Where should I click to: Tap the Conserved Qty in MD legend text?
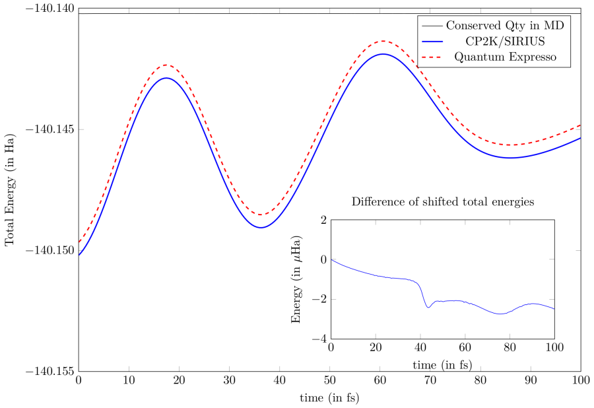[506, 26]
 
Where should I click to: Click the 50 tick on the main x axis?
[330, 381]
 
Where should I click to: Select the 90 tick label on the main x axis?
[531, 381]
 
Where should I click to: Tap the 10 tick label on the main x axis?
[129, 381]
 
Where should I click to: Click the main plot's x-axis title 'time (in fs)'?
[330, 398]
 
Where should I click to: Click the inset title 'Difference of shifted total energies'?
[443, 201]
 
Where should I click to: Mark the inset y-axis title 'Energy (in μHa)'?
[297, 279]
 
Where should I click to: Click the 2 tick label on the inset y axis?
[323, 220]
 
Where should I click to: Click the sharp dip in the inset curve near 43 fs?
[428, 308]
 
